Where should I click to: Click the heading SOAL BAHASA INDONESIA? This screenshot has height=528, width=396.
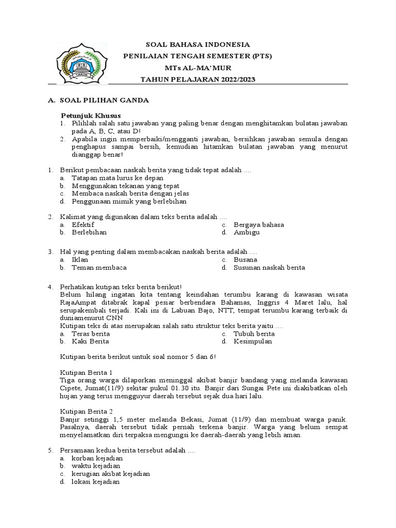[199, 45]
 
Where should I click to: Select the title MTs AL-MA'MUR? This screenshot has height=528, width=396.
[199, 68]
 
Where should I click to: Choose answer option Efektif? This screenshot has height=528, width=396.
[83, 225]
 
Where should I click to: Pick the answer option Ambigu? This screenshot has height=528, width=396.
[247, 233]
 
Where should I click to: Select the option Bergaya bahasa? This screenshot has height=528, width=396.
[259, 225]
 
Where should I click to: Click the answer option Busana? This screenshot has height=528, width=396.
[245, 260]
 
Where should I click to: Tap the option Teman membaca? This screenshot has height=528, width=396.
[99, 268]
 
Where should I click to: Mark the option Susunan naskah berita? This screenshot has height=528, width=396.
[269, 268]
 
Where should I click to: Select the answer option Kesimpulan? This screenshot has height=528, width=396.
[253, 341]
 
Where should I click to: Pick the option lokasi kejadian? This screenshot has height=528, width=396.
[95, 482]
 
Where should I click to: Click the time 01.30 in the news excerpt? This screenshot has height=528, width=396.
[177, 388]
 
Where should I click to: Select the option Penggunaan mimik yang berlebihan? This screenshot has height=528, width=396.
[129, 202]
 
